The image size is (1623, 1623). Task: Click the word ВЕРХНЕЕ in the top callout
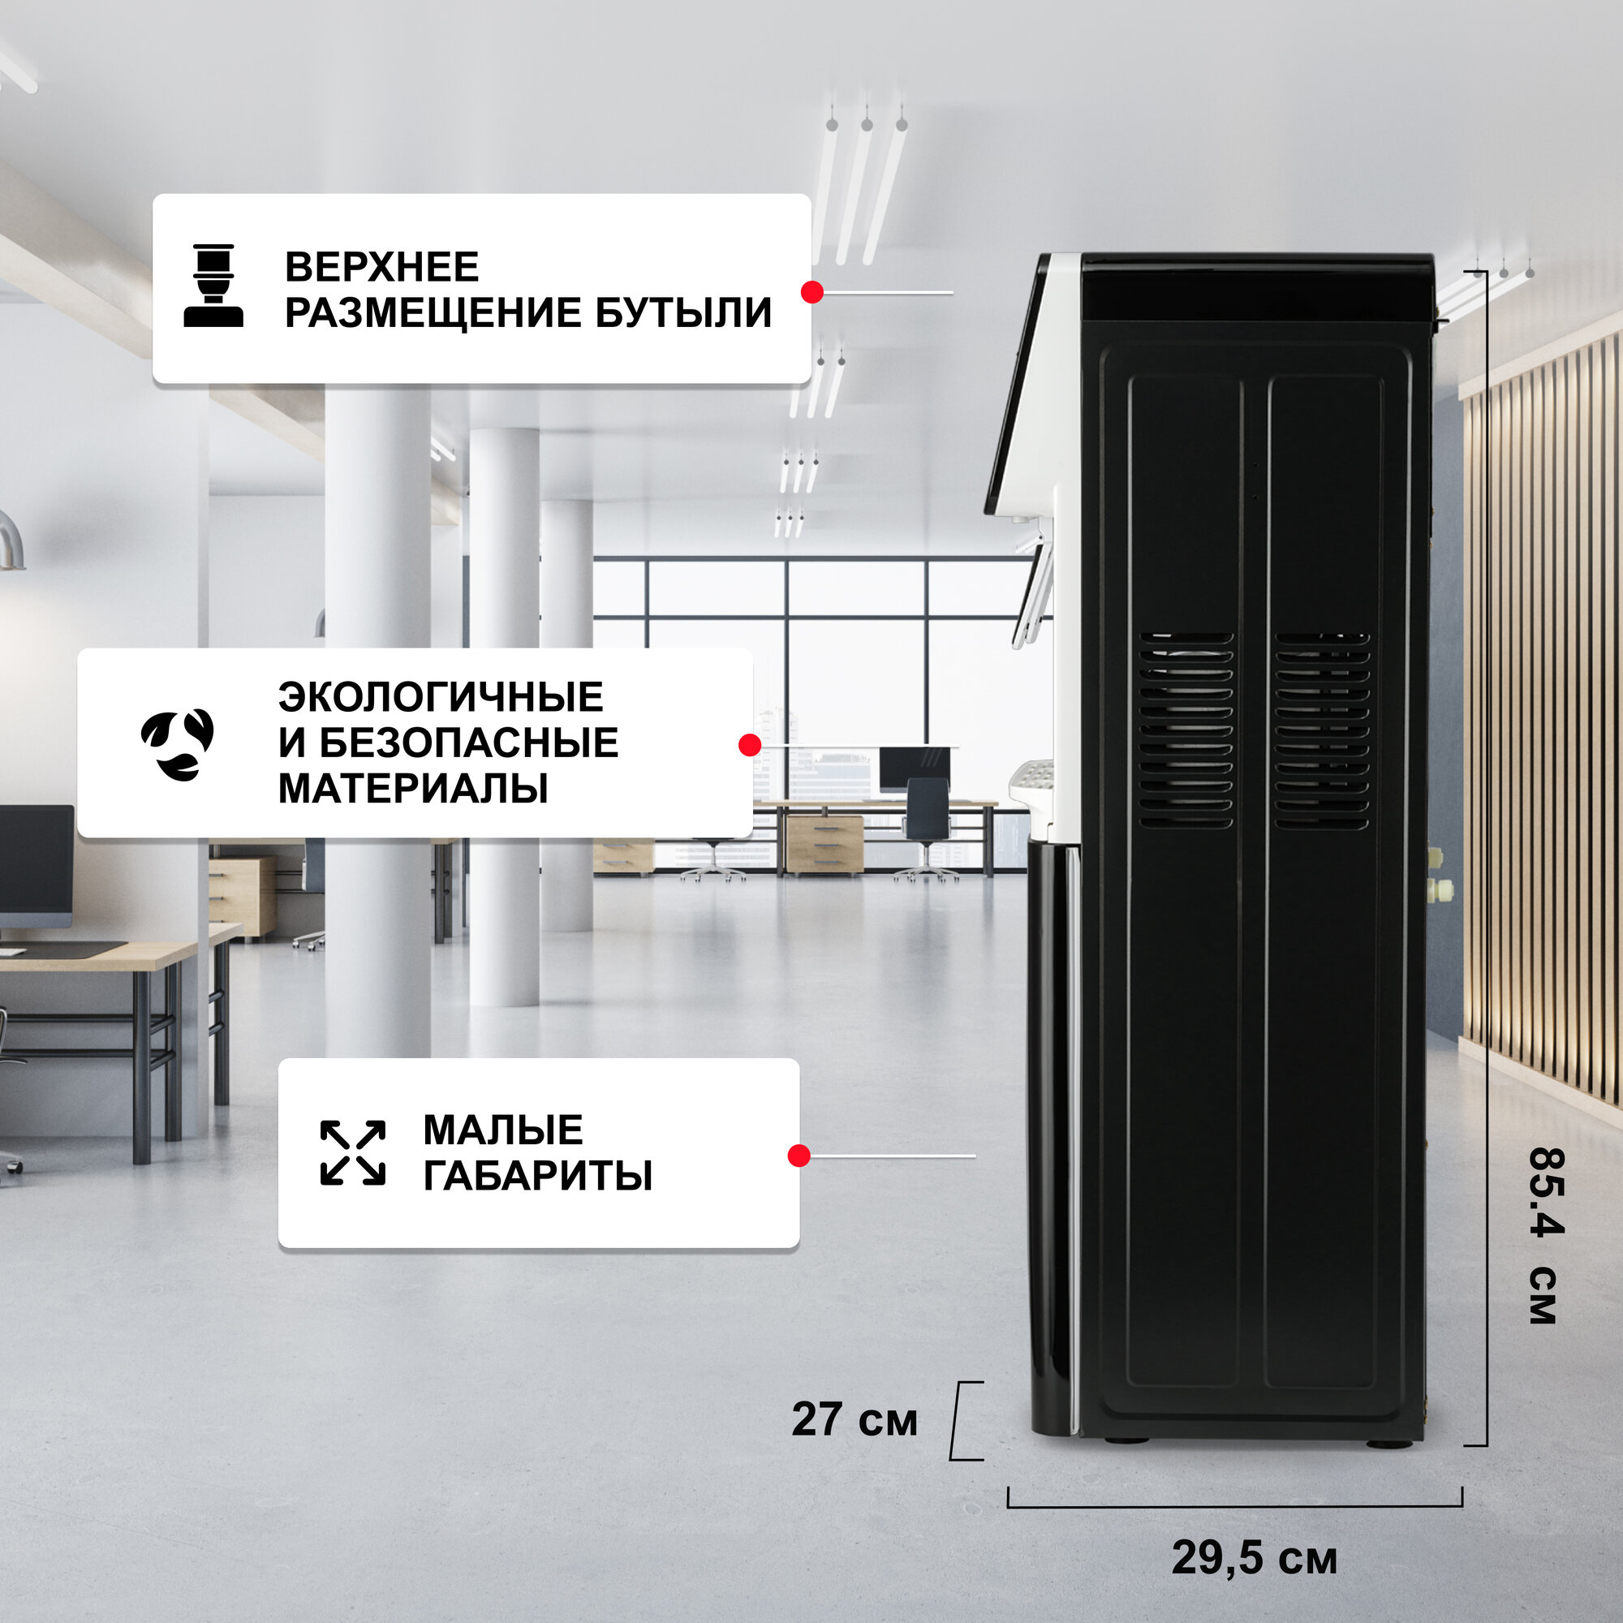click(381, 267)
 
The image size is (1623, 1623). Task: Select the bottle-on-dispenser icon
click(213, 286)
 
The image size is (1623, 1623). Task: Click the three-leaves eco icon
click(178, 744)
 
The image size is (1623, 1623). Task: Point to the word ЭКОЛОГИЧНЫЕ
click(441, 697)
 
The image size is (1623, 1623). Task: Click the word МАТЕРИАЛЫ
click(412, 789)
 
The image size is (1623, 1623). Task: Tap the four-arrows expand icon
click(353, 1152)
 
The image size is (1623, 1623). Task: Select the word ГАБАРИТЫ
click(538, 1175)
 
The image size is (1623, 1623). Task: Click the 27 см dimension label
click(855, 1419)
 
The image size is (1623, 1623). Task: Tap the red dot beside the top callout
click(811, 292)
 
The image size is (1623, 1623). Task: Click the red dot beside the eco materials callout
click(749, 745)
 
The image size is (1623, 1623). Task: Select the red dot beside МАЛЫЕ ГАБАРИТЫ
click(799, 1156)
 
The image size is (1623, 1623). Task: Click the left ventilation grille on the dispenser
click(1186, 731)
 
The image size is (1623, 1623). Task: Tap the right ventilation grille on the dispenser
click(1321, 731)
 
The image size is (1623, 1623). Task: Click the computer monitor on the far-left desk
click(35, 865)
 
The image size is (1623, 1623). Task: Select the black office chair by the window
click(927, 819)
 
